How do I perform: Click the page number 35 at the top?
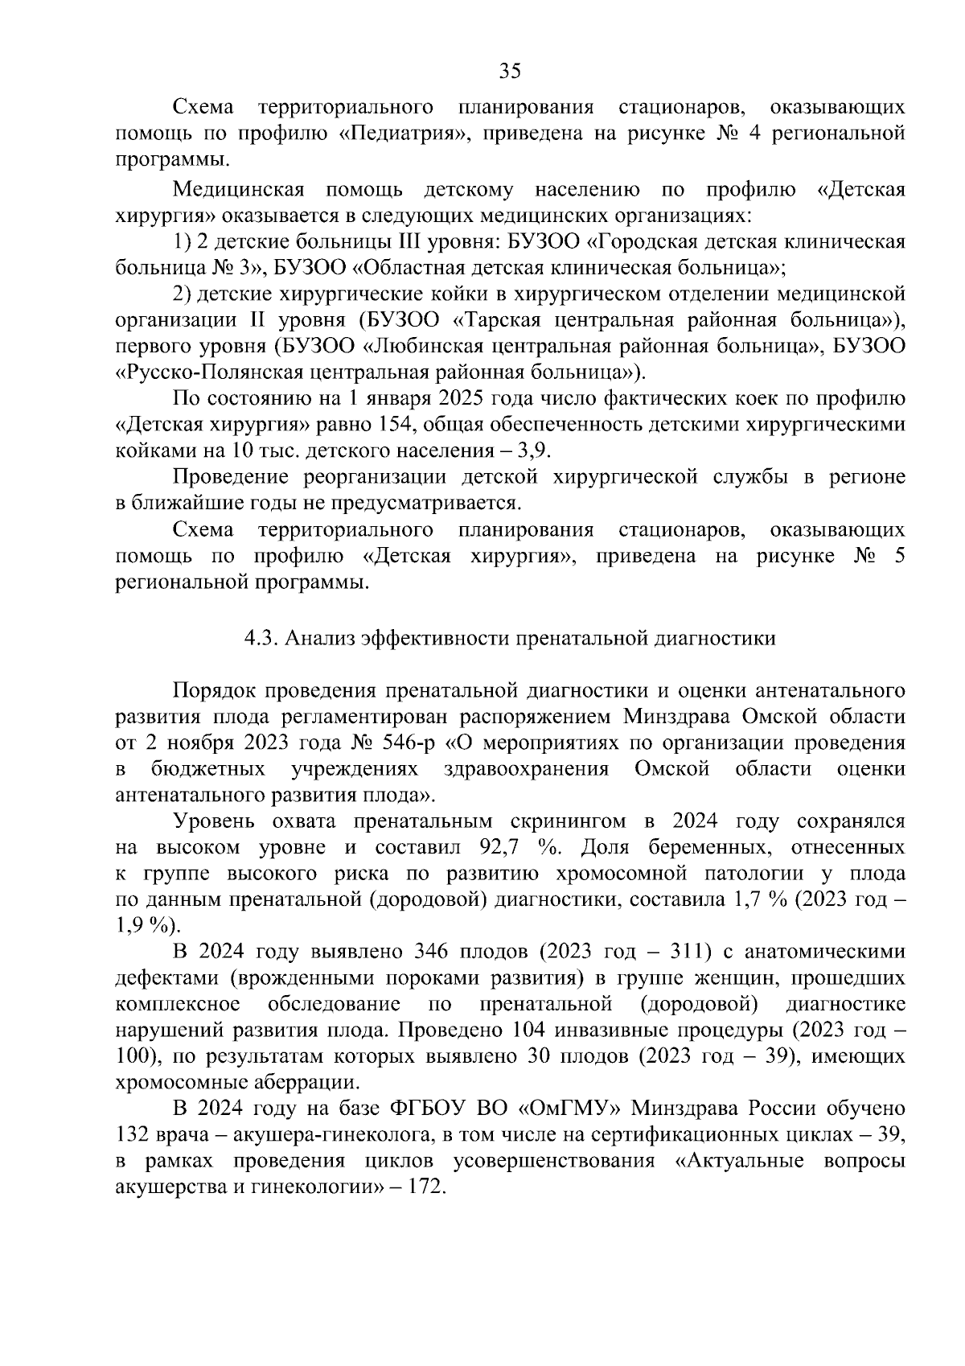[x=510, y=71]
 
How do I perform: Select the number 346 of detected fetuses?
[x=425, y=952]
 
